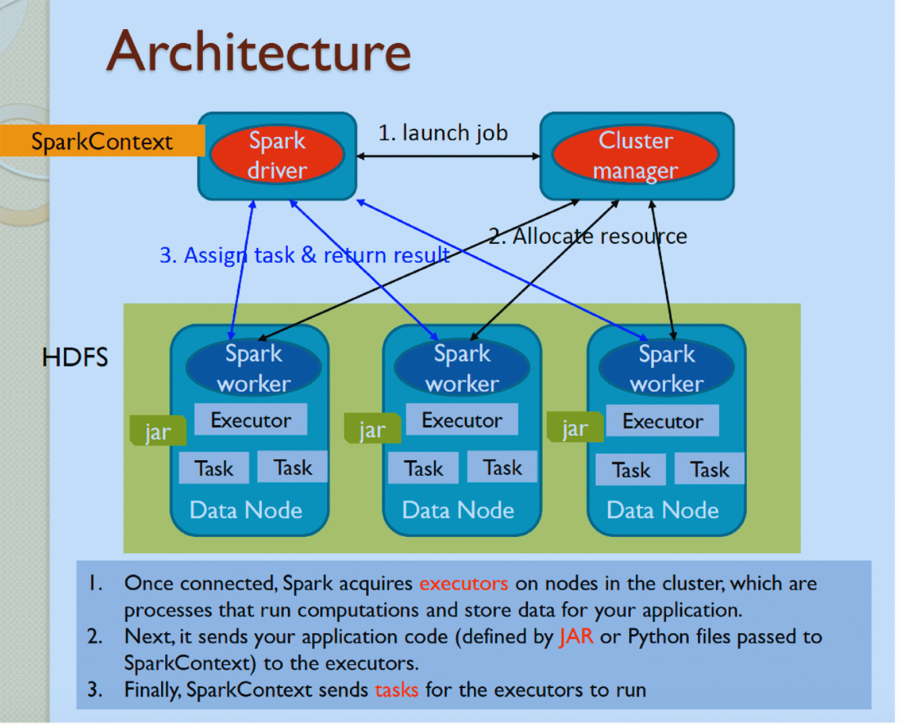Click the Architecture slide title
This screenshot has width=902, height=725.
(x=259, y=52)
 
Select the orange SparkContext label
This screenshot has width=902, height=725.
(x=102, y=141)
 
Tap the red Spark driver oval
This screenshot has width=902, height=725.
(x=277, y=155)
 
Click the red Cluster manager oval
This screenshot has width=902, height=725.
(x=635, y=155)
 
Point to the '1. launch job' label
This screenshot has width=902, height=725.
(x=442, y=133)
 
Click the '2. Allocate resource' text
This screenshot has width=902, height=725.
(x=588, y=237)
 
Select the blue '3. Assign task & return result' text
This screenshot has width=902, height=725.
(x=304, y=255)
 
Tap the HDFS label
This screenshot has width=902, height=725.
(x=75, y=357)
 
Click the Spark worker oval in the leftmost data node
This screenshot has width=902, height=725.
(x=253, y=368)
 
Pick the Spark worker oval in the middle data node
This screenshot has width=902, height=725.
(x=462, y=368)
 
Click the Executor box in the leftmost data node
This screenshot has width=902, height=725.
(x=251, y=420)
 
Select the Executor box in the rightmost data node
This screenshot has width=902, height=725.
(x=662, y=421)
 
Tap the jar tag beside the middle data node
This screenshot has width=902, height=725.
(x=372, y=429)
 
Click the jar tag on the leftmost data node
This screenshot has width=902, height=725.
(x=158, y=432)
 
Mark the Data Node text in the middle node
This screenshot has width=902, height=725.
(x=458, y=510)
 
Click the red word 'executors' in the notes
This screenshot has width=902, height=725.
(x=463, y=583)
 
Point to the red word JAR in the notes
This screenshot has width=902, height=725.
(x=576, y=636)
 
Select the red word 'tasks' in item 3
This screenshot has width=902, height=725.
(x=396, y=690)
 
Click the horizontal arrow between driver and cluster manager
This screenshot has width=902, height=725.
(x=448, y=156)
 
